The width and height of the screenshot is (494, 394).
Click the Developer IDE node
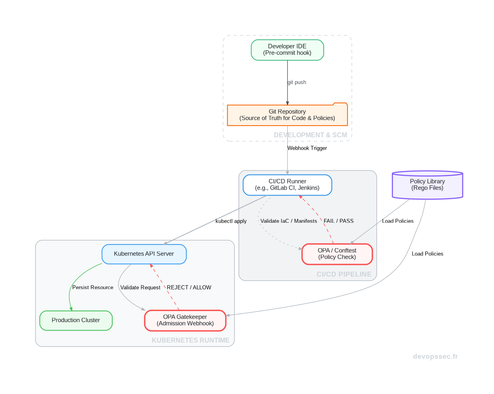click(x=287, y=50)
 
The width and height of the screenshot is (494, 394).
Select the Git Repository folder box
click(x=287, y=115)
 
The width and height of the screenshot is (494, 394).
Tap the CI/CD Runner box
click(x=287, y=185)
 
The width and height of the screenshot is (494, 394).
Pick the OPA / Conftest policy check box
click(x=337, y=254)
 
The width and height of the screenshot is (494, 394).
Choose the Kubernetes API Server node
click(x=144, y=254)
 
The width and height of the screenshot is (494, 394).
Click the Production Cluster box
click(x=76, y=320)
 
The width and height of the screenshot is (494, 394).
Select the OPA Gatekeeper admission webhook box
click(x=185, y=320)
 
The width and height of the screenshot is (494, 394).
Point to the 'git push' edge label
click(x=297, y=82)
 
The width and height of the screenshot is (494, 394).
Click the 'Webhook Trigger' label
click(x=307, y=148)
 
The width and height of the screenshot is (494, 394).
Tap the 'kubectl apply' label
click(x=231, y=221)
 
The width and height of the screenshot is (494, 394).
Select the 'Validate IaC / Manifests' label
click(x=288, y=221)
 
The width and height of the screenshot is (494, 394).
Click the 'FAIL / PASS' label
click(x=338, y=221)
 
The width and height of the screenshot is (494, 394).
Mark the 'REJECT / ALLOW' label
click(x=189, y=288)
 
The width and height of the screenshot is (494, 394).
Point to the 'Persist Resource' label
click(x=92, y=288)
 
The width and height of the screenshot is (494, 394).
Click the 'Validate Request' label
click(x=140, y=288)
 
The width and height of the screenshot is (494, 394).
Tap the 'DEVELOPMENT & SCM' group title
click(x=310, y=135)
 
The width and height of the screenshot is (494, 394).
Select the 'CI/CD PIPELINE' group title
click(x=344, y=275)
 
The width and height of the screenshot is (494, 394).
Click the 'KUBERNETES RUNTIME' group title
click(x=190, y=341)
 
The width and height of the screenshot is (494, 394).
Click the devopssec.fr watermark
click(x=435, y=357)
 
